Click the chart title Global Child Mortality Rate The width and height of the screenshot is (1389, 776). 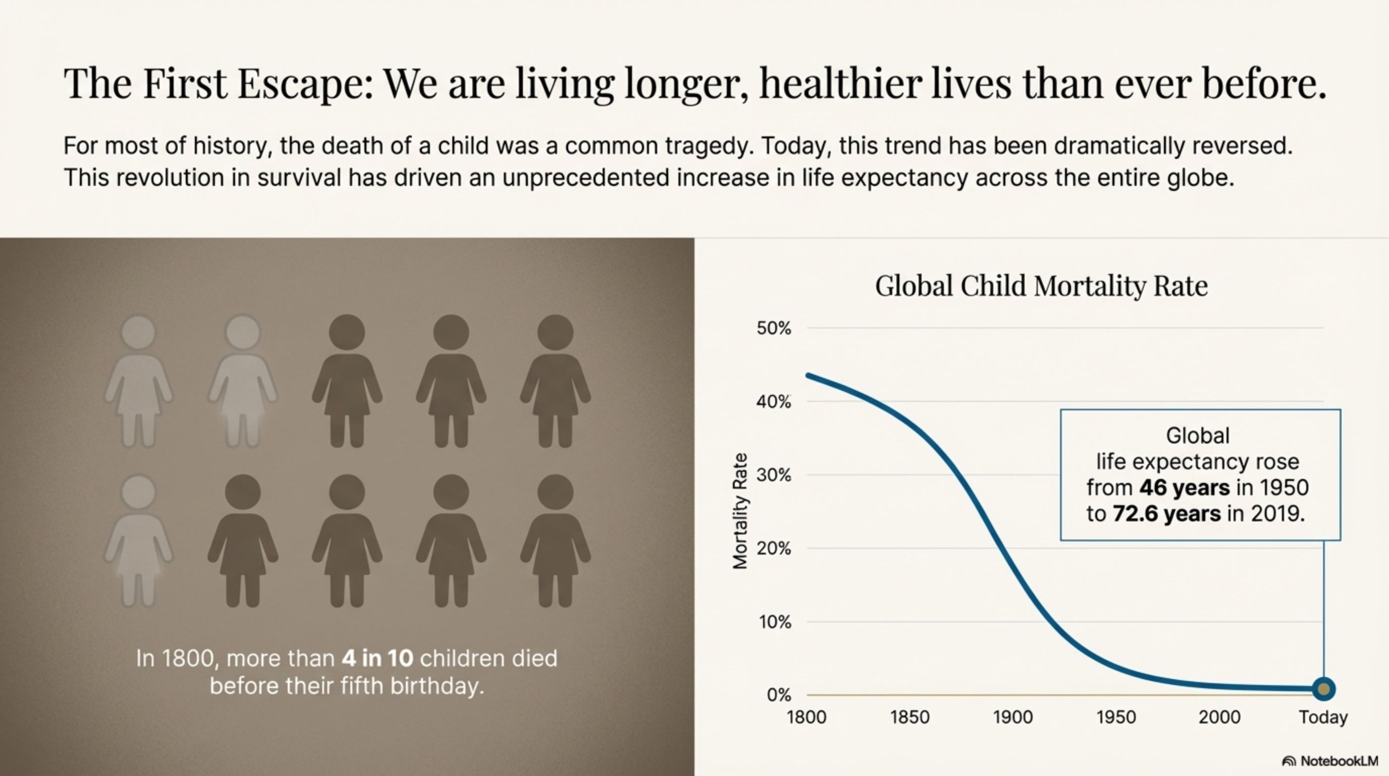coord(1041,286)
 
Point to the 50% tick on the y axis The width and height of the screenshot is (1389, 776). coord(773,328)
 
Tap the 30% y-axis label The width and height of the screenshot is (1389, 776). coord(773,475)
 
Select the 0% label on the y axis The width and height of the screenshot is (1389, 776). coord(779,695)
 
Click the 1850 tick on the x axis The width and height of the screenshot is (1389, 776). coord(910,717)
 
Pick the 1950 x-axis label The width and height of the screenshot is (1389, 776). coord(1116,717)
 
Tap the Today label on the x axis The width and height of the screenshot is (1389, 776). coord(1323,717)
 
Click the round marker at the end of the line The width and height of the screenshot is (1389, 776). coord(1323,689)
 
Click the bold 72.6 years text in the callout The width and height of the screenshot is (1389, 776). coord(1166,514)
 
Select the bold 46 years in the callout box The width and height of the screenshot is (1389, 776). coord(1184,488)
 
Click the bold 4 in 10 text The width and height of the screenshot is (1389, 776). coord(378,658)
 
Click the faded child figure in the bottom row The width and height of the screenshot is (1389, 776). coord(139,542)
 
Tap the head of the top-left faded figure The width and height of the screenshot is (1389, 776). coord(139,332)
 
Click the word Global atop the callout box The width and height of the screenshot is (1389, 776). coord(1198,435)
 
